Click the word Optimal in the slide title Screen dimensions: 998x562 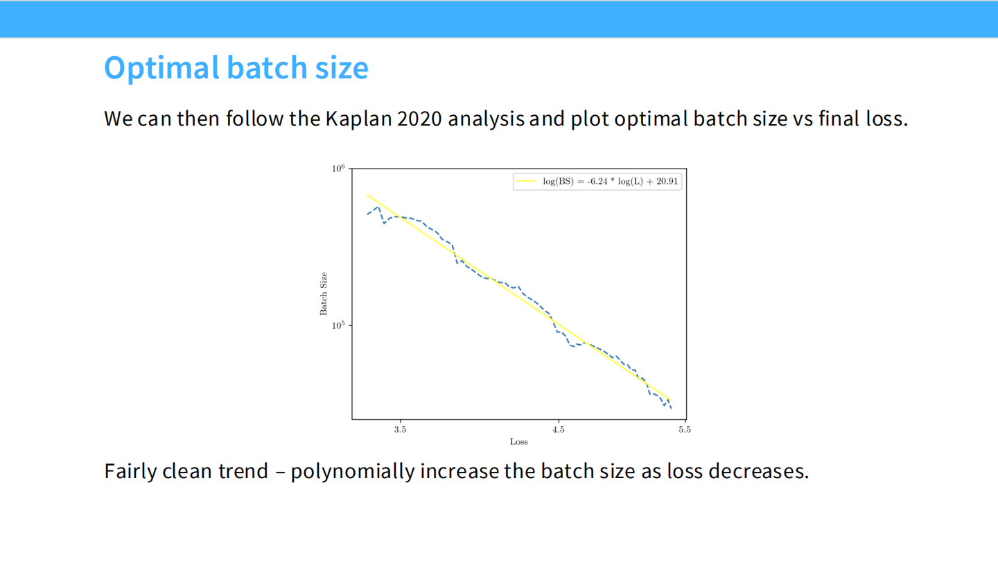point(161,68)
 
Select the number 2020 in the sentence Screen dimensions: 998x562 point(420,119)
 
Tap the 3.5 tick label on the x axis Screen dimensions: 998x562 point(400,429)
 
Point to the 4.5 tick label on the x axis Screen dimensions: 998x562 point(559,429)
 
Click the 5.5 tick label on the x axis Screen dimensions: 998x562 point(685,429)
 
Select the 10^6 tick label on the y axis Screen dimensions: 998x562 point(338,168)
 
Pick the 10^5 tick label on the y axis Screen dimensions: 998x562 point(338,325)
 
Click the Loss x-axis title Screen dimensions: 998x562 point(518,441)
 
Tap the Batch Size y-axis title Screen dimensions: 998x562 point(324,293)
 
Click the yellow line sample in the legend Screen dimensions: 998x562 point(526,181)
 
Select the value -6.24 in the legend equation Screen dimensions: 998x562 point(597,181)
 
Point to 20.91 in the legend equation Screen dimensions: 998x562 point(667,181)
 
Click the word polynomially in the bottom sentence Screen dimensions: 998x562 point(353,472)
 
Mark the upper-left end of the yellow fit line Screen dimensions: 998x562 point(367,194)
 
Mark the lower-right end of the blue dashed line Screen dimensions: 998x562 point(671,408)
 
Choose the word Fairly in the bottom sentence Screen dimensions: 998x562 point(130,472)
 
